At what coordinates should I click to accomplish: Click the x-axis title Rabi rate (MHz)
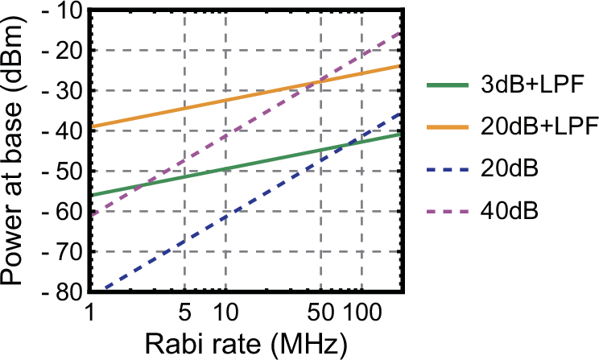click(246, 344)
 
